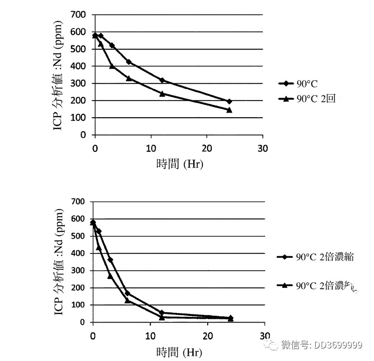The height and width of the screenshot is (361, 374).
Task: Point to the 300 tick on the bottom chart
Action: pyautogui.click(x=77, y=271)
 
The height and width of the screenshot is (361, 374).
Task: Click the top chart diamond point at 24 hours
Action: pyautogui.click(x=229, y=101)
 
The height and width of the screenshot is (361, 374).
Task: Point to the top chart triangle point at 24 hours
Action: pyautogui.click(x=229, y=110)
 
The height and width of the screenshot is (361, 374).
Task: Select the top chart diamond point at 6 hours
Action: pyautogui.click(x=129, y=62)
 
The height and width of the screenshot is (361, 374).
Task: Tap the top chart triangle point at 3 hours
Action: pyautogui.click(x=112, y=66)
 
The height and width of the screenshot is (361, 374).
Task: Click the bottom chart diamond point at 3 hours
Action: pyautogui.click(x=110, y=260)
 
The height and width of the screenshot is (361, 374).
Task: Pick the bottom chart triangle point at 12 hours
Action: pyautogui.click(x=162, y=317)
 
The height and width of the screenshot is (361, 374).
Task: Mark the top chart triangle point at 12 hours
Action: pyautogui.click(x=162, y=94)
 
